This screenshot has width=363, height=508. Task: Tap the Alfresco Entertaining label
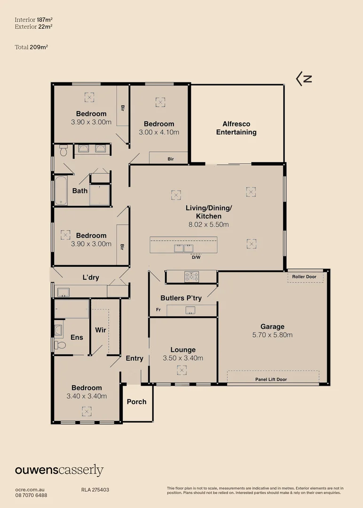[x=236, y=128]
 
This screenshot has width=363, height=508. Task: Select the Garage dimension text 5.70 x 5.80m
[x=273, y=335]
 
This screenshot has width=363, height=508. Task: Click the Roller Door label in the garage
[x=304, y=277]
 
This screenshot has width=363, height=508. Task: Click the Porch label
[x=136, y=402]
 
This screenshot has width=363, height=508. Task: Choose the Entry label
[x=134, y=358]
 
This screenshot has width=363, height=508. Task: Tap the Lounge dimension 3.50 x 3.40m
[x=183, y=358]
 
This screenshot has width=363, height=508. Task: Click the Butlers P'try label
[x=181, y=298]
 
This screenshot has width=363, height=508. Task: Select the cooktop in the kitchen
[x=191, y=276]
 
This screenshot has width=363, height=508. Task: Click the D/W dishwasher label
[x=196, y=257]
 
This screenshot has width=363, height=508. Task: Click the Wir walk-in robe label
[x=101, y=330]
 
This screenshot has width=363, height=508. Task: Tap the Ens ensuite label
[x=77, y=337]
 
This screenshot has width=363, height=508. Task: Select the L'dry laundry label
[x=91, y=278]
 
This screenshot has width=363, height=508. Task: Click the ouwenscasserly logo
[x=59, y=470]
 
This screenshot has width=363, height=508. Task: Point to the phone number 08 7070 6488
[x=31, y=495]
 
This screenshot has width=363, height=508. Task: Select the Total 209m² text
[x=32, y=47]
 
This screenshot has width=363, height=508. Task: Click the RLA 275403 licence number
[x=95, y=490]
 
